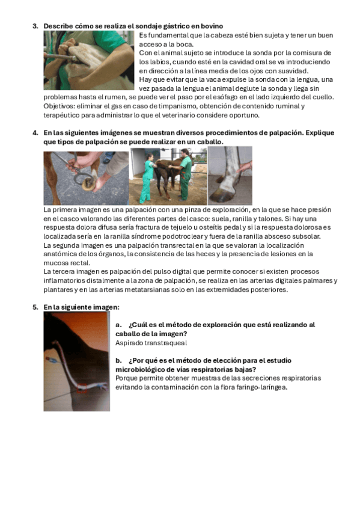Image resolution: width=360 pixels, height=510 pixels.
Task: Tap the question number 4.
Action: point(35,133)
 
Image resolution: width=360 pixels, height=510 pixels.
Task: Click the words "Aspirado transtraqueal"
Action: point(151,343)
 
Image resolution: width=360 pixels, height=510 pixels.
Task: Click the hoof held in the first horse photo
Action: point(89,185)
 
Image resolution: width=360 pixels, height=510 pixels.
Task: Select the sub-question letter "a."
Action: point(118,325)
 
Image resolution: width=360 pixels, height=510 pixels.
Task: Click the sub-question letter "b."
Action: point(118,360)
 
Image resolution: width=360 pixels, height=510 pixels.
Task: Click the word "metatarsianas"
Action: point(147,289)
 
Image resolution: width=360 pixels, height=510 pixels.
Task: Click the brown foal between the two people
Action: point(166,173)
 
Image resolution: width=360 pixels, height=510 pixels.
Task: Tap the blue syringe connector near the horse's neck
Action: point(50,360)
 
